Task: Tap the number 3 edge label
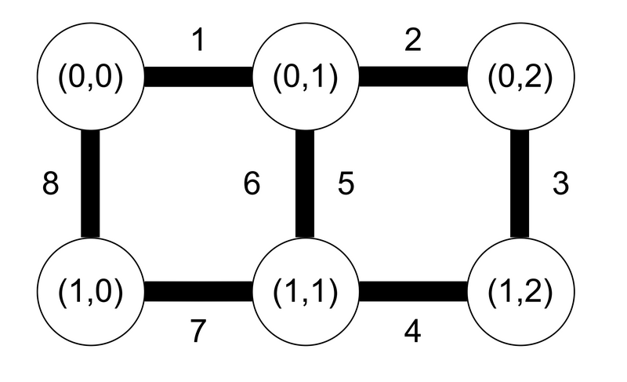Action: (x=560, y=185)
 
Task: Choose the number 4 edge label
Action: (x=413, y=332)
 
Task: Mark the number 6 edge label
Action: (x=251, y=185)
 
